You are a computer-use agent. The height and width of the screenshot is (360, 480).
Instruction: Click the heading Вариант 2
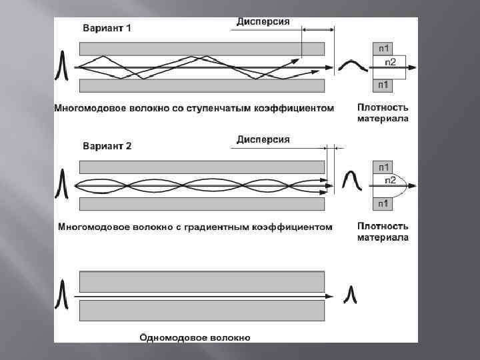click(x=107, y=146)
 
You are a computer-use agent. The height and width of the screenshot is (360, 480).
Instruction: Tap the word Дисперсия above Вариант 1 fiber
click(x=263, y=21)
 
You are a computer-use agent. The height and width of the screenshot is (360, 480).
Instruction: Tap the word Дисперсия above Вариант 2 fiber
click(x=263, y=139)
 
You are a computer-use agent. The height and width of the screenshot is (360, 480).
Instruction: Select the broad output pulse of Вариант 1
click(x=353, y=65)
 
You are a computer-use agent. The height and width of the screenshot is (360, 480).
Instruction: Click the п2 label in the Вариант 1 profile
click(x=391, y=62)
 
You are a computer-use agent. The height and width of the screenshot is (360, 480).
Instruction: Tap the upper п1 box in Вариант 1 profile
click(x=384, y=49)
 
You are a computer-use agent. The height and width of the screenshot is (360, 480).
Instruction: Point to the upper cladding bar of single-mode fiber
click(x=202, y=280)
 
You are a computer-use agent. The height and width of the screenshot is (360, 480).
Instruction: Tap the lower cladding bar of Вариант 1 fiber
click(x=202, y=85)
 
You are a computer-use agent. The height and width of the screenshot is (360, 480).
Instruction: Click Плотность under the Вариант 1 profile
click(x=383, y=107)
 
